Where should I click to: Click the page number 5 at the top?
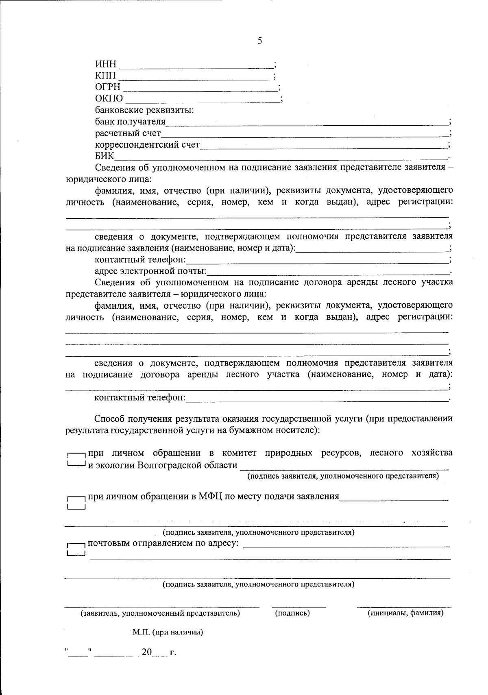260,41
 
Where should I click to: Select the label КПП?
105,76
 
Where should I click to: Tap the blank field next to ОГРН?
200,87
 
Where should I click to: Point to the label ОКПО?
109,99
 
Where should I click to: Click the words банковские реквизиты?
144,110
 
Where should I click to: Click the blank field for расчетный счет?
305,134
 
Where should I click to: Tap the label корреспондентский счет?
148,145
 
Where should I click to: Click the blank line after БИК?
281,157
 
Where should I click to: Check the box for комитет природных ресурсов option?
76,460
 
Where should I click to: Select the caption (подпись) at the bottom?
292,613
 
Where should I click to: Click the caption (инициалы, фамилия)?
405,613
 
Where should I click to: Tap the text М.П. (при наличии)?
168,632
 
